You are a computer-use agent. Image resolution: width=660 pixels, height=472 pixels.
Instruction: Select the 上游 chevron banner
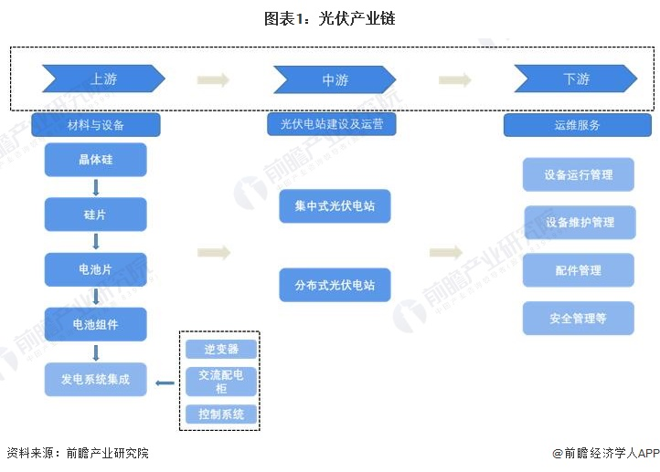[x=103, y=79]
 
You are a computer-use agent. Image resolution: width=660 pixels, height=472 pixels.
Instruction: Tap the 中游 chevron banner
[x=334, y=79]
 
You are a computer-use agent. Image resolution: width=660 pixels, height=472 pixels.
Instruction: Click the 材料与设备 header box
[x=96, y=124]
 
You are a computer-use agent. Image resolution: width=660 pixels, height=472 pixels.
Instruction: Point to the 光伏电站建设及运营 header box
[x=332, y=124]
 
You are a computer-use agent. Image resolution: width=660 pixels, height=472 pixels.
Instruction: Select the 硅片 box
[x=96, y=215]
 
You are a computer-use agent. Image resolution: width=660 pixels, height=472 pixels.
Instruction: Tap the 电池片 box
[x=96, y=269]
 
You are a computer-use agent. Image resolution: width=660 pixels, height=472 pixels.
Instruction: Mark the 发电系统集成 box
[x=96, y=379]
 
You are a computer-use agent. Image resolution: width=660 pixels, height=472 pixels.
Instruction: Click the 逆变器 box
[x=221, y=349]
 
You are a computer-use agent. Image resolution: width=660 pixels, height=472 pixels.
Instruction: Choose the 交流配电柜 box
[x=221, y=382]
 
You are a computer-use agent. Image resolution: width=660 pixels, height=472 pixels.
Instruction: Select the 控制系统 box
[x=221, y=414]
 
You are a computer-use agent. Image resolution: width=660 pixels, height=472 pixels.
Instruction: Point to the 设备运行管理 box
[x=578, y=174]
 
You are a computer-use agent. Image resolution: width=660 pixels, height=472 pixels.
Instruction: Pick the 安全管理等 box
[x=578, y=319]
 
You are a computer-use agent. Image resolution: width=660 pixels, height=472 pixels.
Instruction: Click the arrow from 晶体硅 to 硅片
[x=96, y=187]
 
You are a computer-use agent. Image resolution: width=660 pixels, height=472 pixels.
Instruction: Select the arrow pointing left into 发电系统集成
[x=165, y=383]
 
